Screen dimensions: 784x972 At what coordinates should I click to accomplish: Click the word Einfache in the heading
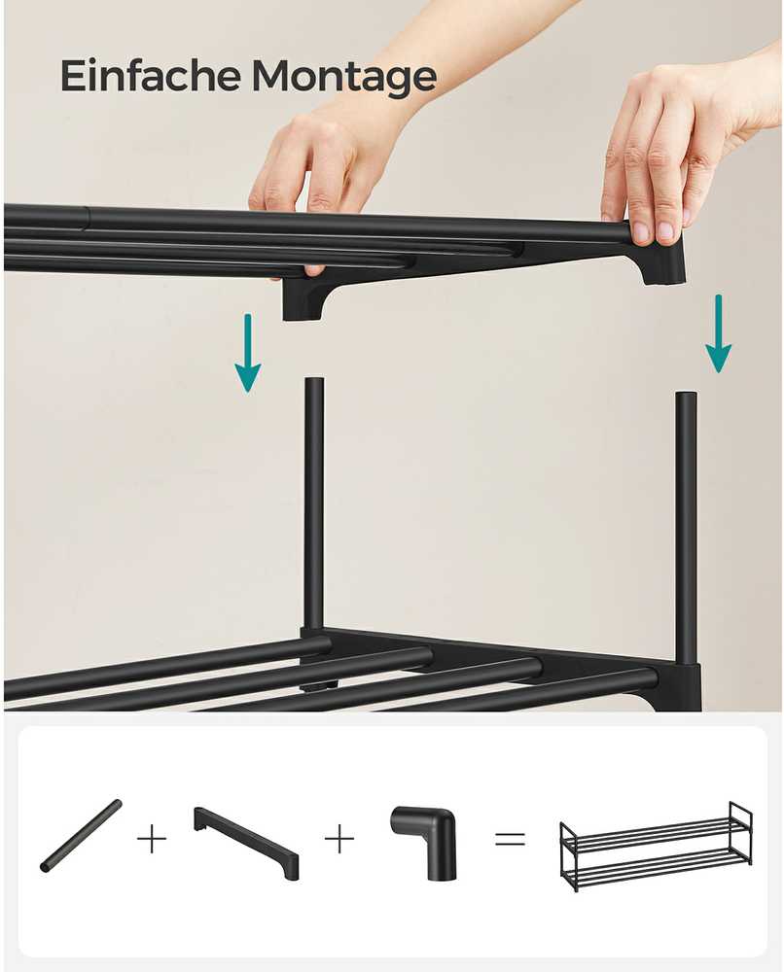(x=151, y=76)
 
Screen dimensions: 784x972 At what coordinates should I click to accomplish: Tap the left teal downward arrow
(x=247, y=353)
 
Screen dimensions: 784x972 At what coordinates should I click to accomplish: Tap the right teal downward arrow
(x=718, y=333)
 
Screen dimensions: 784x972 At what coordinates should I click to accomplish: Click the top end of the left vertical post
(x=314, y=379)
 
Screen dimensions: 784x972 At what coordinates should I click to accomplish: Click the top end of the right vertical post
(x=686, y=395)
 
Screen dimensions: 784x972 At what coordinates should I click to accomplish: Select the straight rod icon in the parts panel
(x=81, y=836)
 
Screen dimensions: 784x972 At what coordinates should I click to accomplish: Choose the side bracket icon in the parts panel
(x=247, y=842)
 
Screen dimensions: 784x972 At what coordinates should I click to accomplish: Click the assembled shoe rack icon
(x=657, y=847)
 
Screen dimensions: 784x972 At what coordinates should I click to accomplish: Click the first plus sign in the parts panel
(x=152, y=840)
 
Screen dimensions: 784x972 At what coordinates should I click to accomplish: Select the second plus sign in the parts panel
(x=339, y=840)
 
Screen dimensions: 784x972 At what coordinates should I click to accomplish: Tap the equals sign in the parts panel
(x=510, y=840)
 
